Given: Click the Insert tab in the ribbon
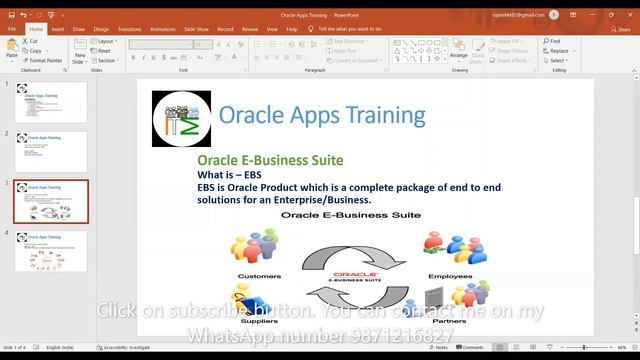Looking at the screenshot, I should click(58, 29).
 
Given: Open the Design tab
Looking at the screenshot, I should click(101, 29).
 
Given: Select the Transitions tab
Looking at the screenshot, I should click(129, 29).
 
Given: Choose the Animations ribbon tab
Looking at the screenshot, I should click(163, 29).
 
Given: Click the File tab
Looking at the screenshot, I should click(12, 29).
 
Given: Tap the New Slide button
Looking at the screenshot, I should click(80, 54).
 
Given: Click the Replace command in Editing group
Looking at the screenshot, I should click(557, 51).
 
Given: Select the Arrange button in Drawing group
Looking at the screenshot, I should click(458, 53).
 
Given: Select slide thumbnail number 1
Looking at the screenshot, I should click(50, 102).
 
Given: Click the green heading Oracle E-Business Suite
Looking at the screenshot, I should click(270, 160).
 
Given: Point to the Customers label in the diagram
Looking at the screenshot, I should click(259, 276).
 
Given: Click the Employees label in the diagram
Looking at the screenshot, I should click(450, 276).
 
